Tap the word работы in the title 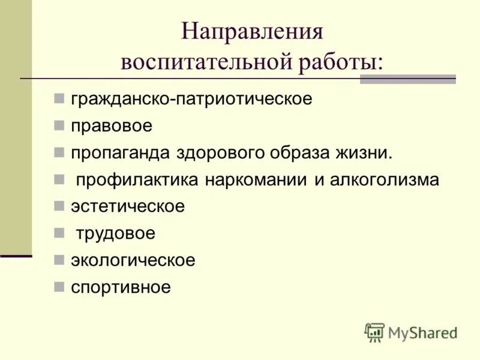340,62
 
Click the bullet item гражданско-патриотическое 191,99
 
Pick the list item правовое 112,126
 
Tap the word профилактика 137,180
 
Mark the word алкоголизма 384,180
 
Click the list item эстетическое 128,207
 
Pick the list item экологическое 133,261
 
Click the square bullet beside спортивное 58,287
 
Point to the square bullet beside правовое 58,125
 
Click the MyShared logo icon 374,332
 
